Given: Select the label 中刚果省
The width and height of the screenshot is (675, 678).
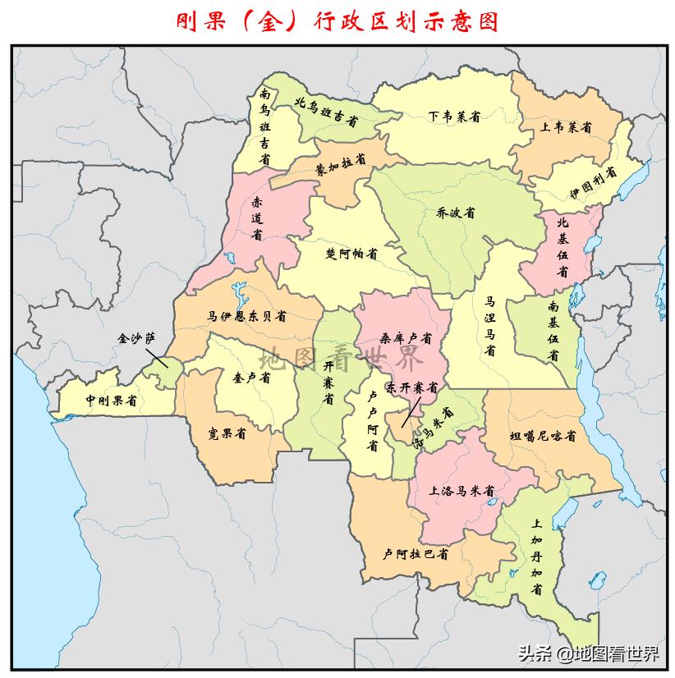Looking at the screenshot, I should (x=111, y=401).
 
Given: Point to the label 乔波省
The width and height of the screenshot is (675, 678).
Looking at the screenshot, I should (x=456, y=213).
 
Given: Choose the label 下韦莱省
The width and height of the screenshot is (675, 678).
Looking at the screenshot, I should (x=453, y=116).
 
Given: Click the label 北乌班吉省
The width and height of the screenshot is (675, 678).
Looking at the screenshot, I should (x=326, y=112).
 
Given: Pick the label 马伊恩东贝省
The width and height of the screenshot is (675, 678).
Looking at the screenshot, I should (x=246, y=316).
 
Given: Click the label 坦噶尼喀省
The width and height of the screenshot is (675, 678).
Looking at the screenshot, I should (x=543, y=436).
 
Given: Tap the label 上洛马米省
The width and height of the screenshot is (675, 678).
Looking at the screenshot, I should (x=461, y=492).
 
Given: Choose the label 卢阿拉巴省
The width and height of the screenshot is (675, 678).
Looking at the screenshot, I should (x=416, y=554).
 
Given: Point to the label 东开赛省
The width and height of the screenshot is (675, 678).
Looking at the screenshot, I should (x=413, y=387).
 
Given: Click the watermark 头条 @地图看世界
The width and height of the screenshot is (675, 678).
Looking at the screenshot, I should (x=587, y=654).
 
